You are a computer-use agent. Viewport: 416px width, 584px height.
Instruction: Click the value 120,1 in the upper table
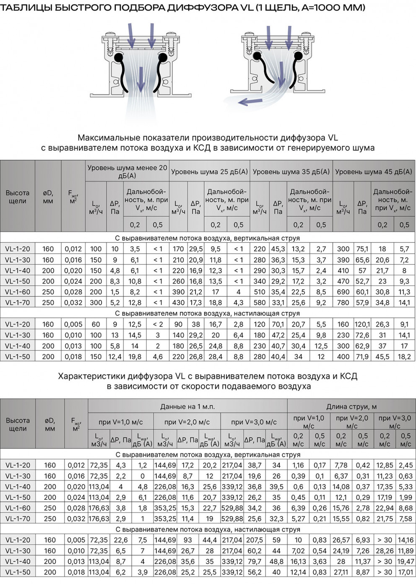pos(362,324)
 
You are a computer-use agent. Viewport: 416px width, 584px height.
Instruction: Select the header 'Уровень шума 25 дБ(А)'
pos(209,171)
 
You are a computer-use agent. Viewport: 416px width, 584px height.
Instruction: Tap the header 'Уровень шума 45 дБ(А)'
pos(374,171)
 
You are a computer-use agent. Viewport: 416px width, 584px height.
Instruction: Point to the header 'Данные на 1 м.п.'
pos(187,407)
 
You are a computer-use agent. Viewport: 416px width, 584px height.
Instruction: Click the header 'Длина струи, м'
pos(351,407)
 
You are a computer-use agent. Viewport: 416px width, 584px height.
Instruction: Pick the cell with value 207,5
pos(255,540)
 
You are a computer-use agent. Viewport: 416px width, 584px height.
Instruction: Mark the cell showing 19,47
pos(406,561)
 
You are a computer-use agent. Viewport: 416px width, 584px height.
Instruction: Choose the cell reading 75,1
pos(362,249)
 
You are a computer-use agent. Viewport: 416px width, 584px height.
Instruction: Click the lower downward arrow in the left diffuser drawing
pos(141,78)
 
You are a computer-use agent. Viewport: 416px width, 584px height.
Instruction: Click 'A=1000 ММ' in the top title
pos(333,7)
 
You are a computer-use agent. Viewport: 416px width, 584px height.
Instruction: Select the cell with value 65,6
pos(362,260)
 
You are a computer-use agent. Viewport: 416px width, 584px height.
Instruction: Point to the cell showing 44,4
pos(210,540)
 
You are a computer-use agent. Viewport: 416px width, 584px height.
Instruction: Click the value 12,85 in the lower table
pos(385,465)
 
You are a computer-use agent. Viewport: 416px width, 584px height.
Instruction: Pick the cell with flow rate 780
pos(343,302)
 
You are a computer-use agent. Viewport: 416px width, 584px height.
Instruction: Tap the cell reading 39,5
pos(276,487)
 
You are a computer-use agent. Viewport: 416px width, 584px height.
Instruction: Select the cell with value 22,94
pos(385,508)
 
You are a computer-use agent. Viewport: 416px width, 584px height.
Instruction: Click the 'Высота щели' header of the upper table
pos(17,197)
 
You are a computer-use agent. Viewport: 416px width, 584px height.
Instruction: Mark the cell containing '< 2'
pos(158,324)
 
